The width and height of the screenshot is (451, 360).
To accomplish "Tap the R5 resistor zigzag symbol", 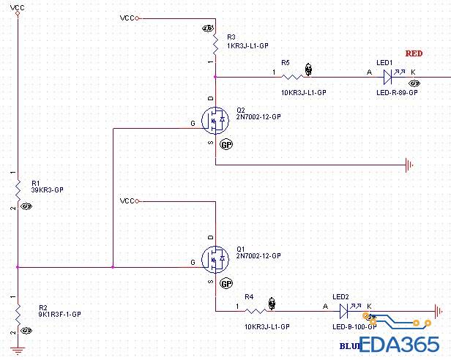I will coord(293,76).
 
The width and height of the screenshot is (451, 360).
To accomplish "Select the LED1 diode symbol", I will coord(389,76).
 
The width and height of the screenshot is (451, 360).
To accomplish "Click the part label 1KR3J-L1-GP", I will coord(247,45).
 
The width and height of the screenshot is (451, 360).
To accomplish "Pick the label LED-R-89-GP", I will coord(397,93).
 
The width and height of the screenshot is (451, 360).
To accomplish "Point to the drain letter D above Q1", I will coord(211,238).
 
